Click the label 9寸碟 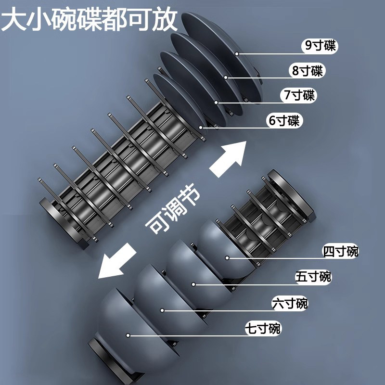click(x=320, y=46)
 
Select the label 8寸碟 click(x=308, y=71)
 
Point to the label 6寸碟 click(x=284, y=120)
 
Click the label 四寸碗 click(x=341, y=251)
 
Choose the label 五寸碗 click(x=313, y=277)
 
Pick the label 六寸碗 click(x=290, y=304)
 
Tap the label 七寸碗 click(x=263, y=330)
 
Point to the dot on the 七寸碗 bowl click(x=128, y=334)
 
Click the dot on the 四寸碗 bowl click(x=227, y=258)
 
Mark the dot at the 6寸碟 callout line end click(x=201, y=128)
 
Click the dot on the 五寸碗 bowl click(x=195, y=284)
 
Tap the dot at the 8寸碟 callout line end click(x=225, y=77)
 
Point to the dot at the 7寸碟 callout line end click(x=217, y=102)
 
